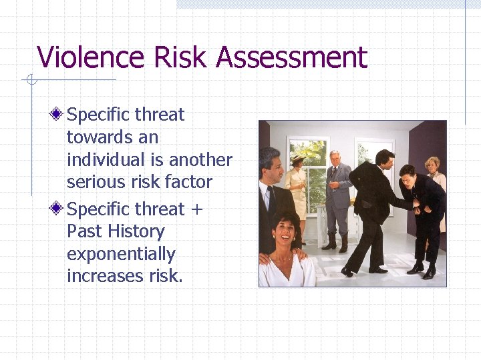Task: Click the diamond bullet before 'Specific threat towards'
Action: [x=59, y=115]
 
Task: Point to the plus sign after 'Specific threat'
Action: [x=196, y=209]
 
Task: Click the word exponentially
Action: [x=121, y=254]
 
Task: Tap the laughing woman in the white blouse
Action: [x=285, y=250]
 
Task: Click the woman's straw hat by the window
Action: [x=297, y=158]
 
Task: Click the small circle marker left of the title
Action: [x=30, y=81]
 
